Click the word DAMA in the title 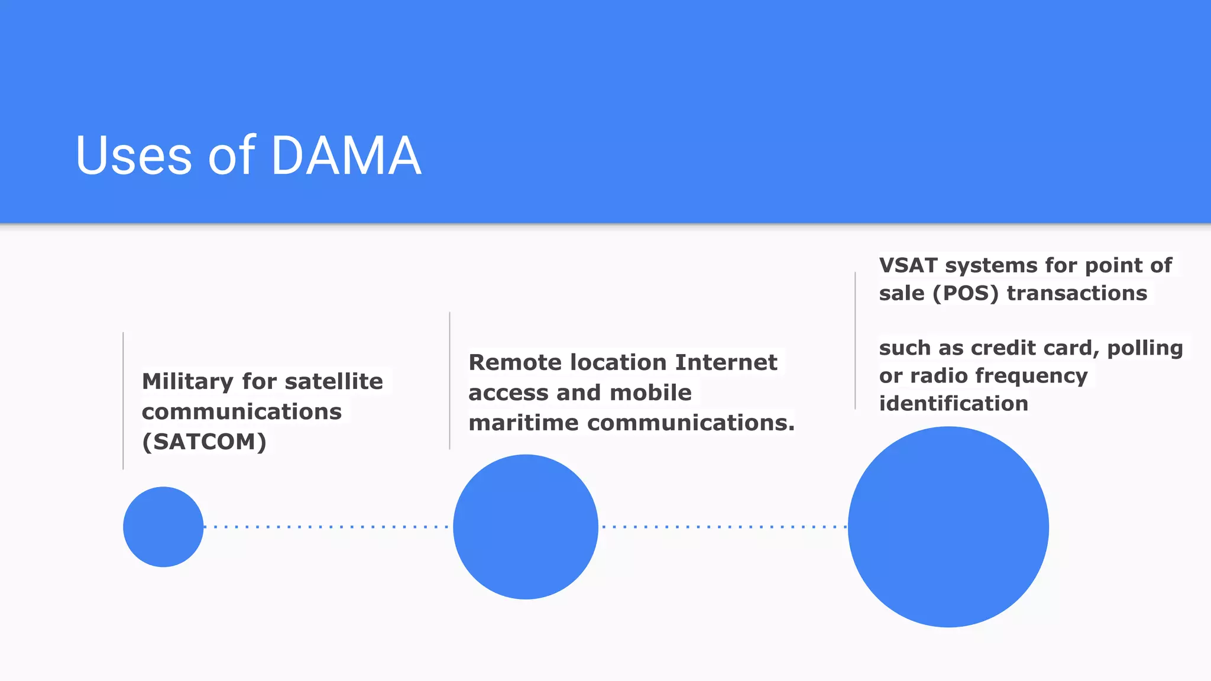tap(346, 155)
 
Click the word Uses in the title tap(134, 155)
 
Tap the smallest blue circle tap(163, 527)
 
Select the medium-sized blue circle tap(526, 527)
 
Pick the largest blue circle tap(948, 527)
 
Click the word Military tap(187, 381)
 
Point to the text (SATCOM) tap(204, 442)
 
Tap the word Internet tap(726, 362)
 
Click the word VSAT tap(908, 265)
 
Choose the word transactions tap(1077, 293)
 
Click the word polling tap(1145, 348)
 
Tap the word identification tap(953, 404)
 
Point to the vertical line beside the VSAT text tap(855, 340)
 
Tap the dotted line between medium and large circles tap(723, 527)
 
